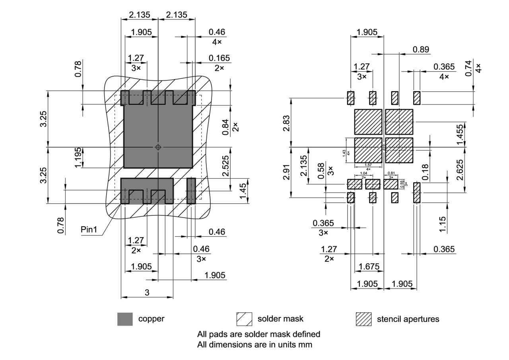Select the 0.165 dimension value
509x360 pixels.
[x=220, y=58]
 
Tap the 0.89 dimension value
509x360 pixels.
[x=421, y=49]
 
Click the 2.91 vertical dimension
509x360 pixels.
[x=286, y=171]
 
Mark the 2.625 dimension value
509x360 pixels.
[x=460, y=170]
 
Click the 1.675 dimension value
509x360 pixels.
[x=369, y=267]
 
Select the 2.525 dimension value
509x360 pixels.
[x=225, y=169]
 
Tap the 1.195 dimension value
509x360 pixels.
[x=78, y=158]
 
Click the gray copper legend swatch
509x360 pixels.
[x=125, y=319]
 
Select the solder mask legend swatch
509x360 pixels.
[x=244, y=319]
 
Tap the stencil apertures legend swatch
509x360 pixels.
[x=363, y=319]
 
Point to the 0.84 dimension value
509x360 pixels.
[x=225, y=127]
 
